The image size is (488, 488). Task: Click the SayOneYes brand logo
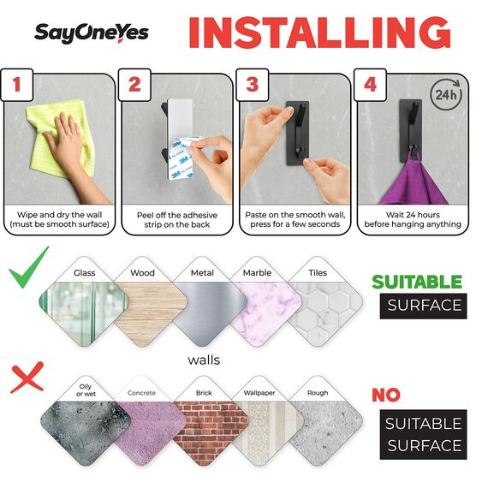click(91, 33)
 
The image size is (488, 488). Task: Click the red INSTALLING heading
click(318, 33)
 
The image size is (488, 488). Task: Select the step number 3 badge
click(252, 85)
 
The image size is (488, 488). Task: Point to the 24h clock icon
click(443, 93)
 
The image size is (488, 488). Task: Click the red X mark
click(26, 376)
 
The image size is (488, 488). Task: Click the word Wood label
click(142, 273)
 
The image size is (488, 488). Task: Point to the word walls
click(204, 360)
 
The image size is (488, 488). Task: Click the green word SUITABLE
click(416, 282)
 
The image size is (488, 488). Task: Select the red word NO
click(386, 395)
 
